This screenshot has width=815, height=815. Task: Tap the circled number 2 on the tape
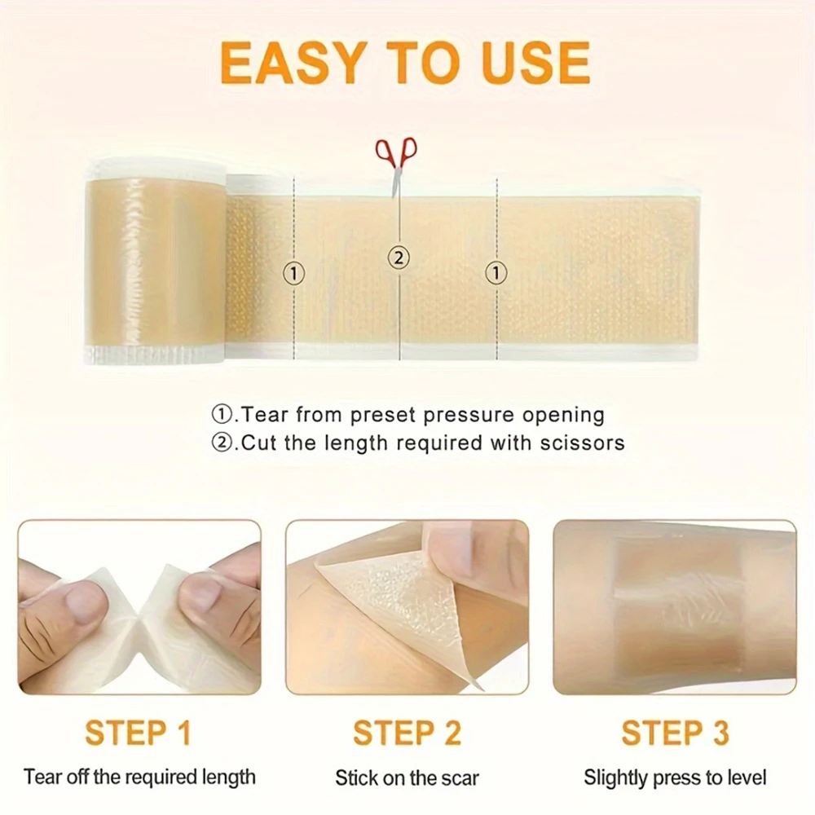[399, 258]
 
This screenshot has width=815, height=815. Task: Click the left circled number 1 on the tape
[293, 273]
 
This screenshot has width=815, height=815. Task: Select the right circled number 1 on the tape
[496, 272]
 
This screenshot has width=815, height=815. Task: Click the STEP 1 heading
[139, 733]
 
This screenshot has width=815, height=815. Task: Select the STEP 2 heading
[407, 733]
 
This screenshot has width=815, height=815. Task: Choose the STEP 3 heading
[675, 733]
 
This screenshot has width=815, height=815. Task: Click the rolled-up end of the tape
[156, 260]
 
